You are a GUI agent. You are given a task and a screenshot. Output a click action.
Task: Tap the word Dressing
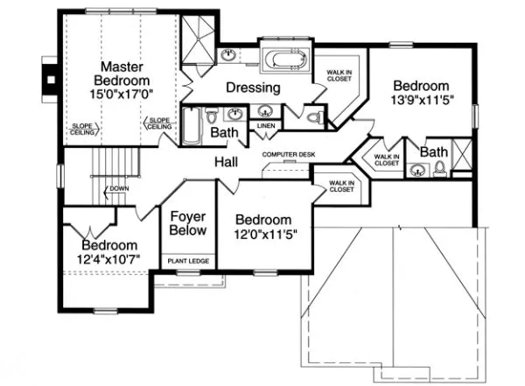253,88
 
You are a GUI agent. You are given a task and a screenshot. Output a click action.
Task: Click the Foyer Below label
188,223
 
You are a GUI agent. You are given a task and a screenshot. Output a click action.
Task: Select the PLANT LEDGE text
188,261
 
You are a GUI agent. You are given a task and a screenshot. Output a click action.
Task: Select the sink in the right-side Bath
417,171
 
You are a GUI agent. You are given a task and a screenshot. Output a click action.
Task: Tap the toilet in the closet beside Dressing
315,116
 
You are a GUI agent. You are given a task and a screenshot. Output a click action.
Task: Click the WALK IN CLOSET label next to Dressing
339,77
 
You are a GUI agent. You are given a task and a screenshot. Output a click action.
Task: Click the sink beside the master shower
228,56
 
